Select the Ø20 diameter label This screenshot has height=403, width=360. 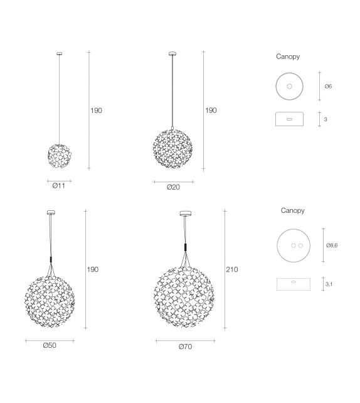(x=173, y=187)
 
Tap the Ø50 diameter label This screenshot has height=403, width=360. (x=50, y=346)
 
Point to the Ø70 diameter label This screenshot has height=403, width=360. (x=185, y=347)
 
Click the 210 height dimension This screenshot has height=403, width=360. (x=232, y=269)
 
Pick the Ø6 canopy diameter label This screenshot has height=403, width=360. (x=328, y=86)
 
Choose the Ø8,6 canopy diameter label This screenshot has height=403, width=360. (x=332, y=245)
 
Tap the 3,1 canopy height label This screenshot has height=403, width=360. (x=329, y=284)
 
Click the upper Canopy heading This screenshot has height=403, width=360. (x=288, y=56)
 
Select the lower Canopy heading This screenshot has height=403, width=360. (x=292, y=210)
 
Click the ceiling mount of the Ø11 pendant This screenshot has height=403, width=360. (x=59, y=53)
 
